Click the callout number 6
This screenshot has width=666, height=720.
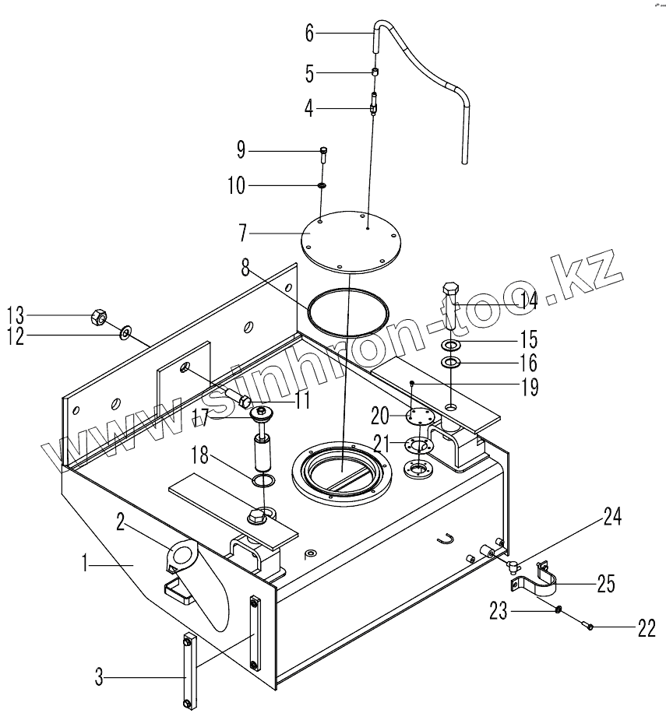point(310,33)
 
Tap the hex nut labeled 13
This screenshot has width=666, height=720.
point(99,316)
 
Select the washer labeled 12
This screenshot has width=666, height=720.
point(125,332)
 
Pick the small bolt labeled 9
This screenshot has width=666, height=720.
point(323,155)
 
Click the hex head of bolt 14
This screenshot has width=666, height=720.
point(450,290)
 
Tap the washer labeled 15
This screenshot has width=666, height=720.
point(450,344)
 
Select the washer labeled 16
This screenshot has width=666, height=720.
point(451,363)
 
